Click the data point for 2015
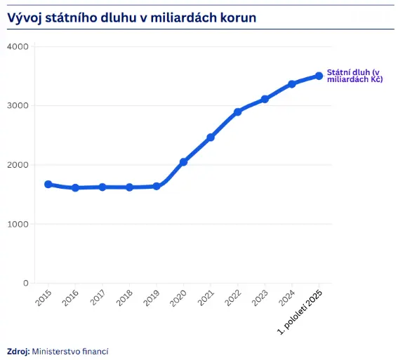[48, 185]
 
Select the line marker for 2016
[75, 188]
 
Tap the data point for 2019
[157, 187]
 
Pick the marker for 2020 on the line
[183, 162]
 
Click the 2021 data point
[211, 138]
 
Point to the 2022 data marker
[238, 112]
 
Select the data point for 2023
[265, 99]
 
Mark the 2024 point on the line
[292, 84]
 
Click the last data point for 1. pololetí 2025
[319, 76]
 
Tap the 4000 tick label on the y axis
[17, 46]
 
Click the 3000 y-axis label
[17, 106]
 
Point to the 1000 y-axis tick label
[17, 225]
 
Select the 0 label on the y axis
[25, 284]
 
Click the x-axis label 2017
[98, 298]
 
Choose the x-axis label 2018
[126, 298]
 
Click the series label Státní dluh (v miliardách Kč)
[354, 76]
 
